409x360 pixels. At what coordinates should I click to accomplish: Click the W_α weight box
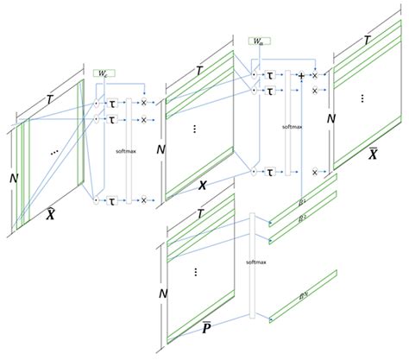click(x=259, y=41)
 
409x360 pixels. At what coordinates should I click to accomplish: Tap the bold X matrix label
click(x=201, y=185)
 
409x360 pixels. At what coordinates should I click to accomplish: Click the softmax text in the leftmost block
click(x=126, y=151)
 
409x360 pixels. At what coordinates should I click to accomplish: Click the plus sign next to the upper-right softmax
click(x=301, y=76)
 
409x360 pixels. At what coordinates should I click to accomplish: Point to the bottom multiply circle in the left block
click(x=143, y=200)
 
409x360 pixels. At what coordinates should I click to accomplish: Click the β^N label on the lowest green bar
click(x=303, y=298)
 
